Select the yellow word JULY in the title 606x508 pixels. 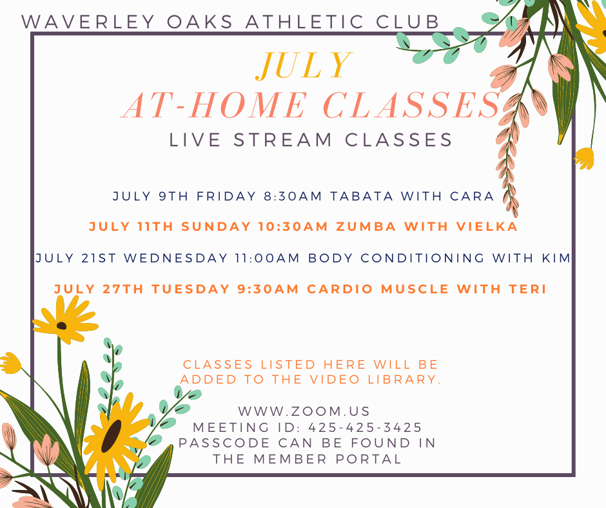click(x=304, y=65)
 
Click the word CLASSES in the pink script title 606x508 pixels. click(x=411, y=105)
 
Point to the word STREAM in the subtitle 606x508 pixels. click(x=283, y=139)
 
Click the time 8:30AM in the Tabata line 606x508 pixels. click(x=293, y=196)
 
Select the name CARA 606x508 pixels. click(x=472, y=196)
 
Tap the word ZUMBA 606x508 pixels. click(x=366, y=226)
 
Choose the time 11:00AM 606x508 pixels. click(x=268, y=258)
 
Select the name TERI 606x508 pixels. click(x=527, y=289)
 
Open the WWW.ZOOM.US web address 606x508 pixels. click(x=304, y=411)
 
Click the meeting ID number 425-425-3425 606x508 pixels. click(x=365, y=427)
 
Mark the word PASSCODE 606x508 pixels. click(x=224, y=443)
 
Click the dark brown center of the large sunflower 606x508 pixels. click(x=112, y=435)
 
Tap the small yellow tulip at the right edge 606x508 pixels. click(x=584, y=159)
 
